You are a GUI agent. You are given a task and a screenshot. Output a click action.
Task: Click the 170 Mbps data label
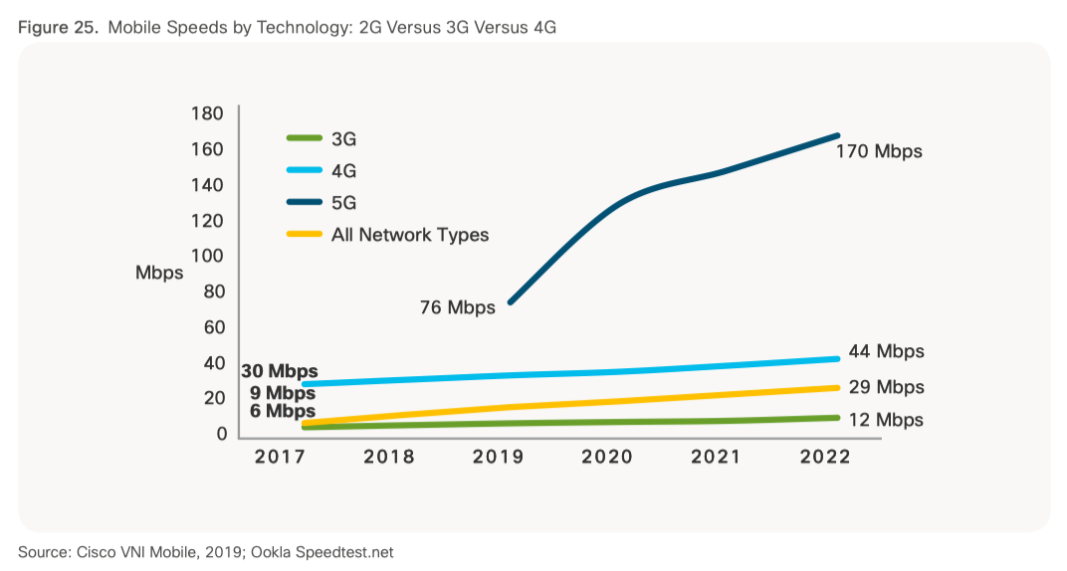(879, 152)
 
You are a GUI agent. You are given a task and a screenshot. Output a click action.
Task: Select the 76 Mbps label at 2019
(458, 307)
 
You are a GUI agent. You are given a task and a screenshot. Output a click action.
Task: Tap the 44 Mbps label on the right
(886, 351)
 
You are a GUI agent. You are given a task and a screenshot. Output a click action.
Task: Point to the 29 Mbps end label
(886, 387)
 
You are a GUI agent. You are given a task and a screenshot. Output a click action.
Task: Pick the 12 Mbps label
(886, 420)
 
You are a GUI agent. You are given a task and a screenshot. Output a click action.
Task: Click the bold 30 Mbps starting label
(279, 372)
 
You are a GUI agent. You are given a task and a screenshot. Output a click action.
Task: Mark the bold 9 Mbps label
(283, 393)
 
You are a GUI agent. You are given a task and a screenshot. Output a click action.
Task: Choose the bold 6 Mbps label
(283, 411)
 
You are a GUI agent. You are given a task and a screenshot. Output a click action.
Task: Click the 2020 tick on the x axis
(606, 457)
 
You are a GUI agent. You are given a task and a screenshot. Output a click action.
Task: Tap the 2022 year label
(824, 457)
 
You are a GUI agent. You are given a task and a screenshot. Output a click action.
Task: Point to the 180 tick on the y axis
(206, 113)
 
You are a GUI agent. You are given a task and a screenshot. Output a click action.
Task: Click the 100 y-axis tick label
(206, 256)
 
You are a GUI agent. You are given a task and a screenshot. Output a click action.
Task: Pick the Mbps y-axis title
(159, 273)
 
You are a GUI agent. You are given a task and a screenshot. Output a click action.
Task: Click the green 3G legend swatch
(304, 139)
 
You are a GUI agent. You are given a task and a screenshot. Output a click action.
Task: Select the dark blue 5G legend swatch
(304, 203)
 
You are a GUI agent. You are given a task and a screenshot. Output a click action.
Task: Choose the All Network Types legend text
(410, 235)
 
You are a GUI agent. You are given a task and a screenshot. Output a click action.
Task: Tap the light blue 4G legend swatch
(304, 171)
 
